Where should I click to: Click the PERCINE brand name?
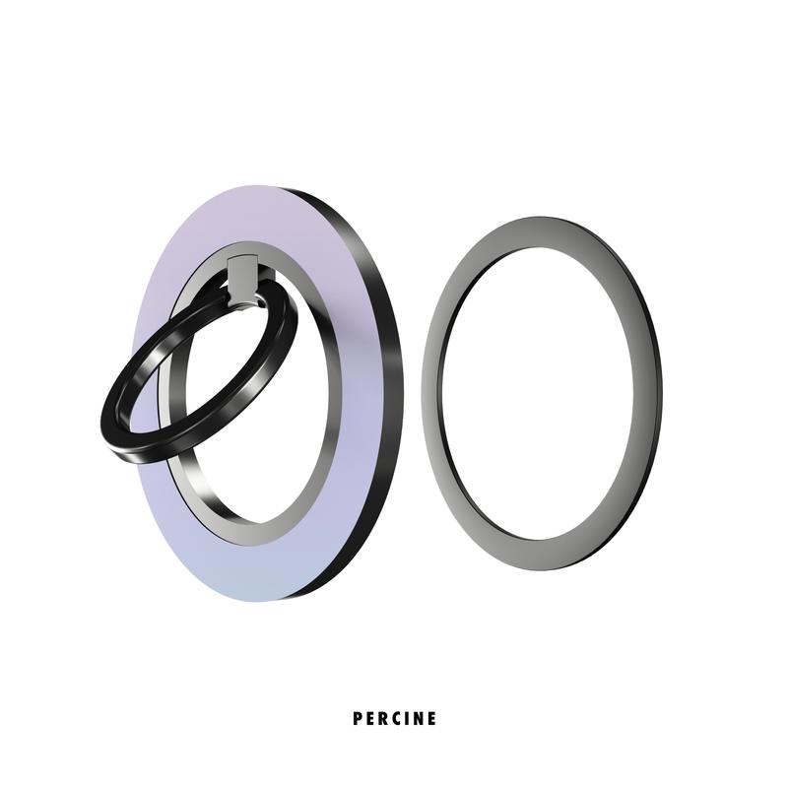click(x=394, y=718)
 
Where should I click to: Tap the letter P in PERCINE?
click(x=358, y=718)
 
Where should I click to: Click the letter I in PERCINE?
click(x=407, y=718)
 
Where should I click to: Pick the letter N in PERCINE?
click(x=419, y=718)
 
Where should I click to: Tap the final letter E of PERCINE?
click(x=431, y=718)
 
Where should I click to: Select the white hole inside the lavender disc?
click(x=261, y=433)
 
